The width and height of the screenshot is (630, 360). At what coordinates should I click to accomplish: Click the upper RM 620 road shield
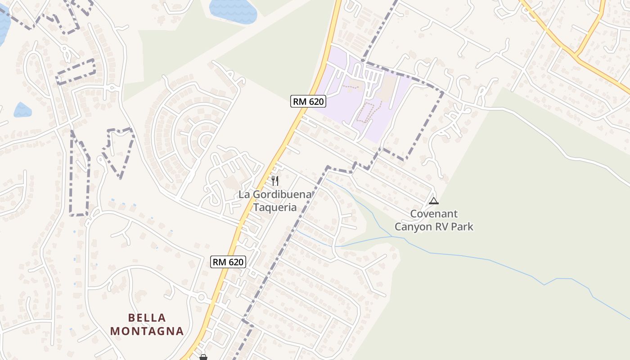[x=308, y=101]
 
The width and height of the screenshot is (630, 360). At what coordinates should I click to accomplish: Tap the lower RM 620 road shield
[x=228, y=261]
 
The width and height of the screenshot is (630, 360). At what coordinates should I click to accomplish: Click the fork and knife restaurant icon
[x=275, y=181]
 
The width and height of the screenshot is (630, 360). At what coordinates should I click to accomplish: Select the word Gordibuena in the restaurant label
[x=282, y=194]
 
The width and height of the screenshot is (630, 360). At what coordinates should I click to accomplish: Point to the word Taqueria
[x=275, y=207]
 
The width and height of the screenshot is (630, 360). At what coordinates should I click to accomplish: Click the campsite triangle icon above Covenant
[x=433, y=201]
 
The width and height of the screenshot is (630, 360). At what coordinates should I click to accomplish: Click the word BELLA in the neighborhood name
[x=147, y=318]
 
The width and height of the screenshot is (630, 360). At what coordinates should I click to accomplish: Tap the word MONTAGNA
[x=147, y=331]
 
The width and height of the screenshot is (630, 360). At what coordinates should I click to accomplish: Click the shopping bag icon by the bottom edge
[x=203, y=357]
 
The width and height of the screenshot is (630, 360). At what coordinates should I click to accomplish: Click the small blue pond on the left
[x=22, y=110]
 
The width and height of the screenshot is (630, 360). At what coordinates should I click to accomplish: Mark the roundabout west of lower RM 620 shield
[x=202, y=297]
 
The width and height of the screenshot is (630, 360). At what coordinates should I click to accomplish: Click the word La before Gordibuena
[x=244, y=194]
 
